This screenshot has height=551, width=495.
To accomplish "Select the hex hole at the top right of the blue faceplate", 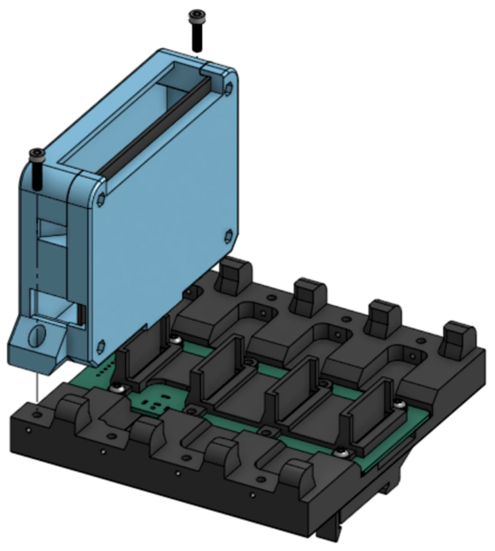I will pyautogui.click(x=229, y=88).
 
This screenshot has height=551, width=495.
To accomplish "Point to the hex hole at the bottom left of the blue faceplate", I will pyautogui.click(x=101, y=347).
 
